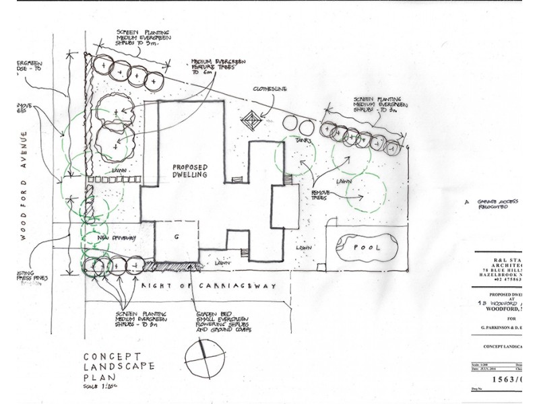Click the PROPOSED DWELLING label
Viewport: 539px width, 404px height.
(x=189, y=171)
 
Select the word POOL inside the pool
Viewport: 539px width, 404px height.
(x=368, y=247)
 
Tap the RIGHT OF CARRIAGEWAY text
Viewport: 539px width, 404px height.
(x=209, y=286)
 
